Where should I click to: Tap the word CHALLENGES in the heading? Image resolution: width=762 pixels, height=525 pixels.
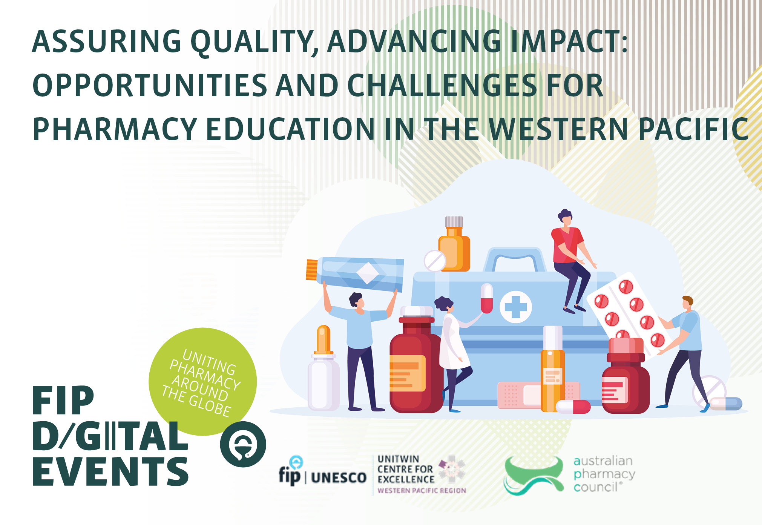pyautogui.click(x=442, y=85)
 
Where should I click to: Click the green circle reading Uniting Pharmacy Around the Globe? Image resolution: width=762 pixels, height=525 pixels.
pyautogui.click(x=203, y=381)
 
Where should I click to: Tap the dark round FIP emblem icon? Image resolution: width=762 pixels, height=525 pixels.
pyautogui.click(x=243, y=444)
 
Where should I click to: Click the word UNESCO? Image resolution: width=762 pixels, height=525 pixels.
pyautogui.click(x=339, y=478)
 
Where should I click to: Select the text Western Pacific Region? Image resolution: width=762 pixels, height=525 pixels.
pyautogui.click(x=422, y=490)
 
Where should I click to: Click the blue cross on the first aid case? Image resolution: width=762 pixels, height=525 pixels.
pyautogui.click(x=515, y=307)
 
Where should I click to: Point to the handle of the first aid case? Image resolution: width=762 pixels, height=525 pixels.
pyautogui.click(x=515, y=259)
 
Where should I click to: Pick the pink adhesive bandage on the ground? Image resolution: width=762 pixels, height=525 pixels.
pyautogui.click(x=538, y=395)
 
